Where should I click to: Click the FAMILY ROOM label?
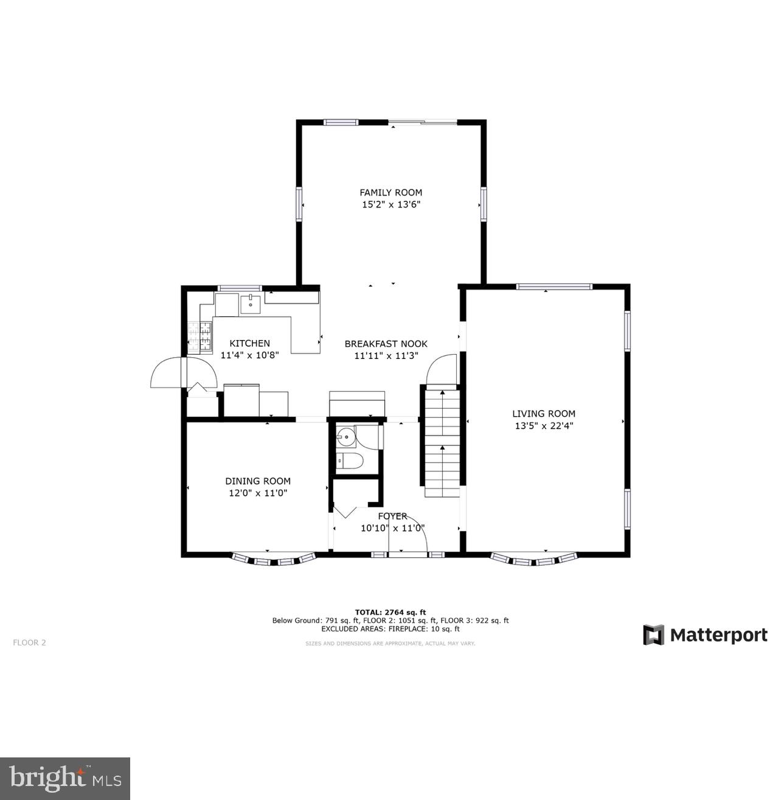[390, 192]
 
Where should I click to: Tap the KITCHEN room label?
[249, 343]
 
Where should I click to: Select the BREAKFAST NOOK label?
[386, 344]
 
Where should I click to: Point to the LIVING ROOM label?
[544, 414]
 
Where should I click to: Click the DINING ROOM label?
[258, 481]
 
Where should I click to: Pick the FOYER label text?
[392, 516]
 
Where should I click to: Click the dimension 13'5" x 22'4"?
[544, 426]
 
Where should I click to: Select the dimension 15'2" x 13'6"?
[390, 205]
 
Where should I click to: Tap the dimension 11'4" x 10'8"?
[249, 355]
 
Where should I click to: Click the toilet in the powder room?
[350, 461]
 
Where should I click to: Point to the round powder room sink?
[346, 436]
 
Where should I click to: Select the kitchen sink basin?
[250, 302]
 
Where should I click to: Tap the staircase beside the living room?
[442, 443]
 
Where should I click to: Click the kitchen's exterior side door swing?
[167, 372]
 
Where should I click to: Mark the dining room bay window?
[274, 558]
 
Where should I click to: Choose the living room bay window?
[534, 558]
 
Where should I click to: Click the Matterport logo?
[706, 635]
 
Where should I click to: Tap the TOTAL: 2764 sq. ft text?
[390, 612]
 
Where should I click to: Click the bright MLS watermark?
[65, 778]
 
